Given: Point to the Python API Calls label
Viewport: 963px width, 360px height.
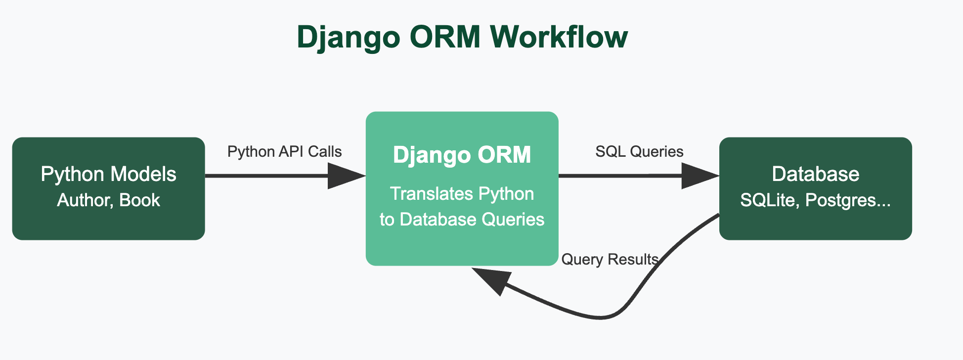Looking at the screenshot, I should [x=284, y=151].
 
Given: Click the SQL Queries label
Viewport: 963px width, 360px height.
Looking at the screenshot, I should [x=639, y=151].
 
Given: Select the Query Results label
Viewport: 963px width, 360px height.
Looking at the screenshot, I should [x=610, y=259].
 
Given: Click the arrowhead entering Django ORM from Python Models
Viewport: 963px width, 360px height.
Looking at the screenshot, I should [x=346, y=176].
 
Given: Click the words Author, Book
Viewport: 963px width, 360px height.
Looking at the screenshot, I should [x=108, y=200].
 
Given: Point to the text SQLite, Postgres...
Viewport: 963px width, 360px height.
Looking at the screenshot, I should [x=815, y=200].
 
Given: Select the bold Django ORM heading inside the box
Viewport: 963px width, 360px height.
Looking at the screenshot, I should [x=462, y=155].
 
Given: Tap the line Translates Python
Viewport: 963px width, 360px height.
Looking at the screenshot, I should [x=462, y=194].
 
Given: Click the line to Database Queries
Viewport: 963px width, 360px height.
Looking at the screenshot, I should [x=462, y=219].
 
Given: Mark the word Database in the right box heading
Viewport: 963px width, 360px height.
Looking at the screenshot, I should [x=815, y=174].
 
